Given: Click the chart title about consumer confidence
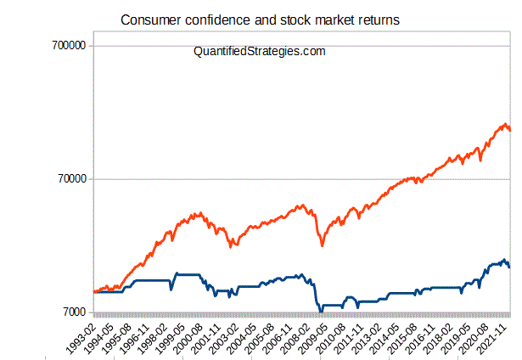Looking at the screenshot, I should click(259, 19).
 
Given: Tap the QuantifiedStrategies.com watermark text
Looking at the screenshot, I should click(260, 52).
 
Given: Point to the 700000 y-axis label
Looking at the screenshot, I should click(66, 46).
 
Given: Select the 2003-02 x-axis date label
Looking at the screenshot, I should click(223, 335).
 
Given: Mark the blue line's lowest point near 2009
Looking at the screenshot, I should click(320, 312).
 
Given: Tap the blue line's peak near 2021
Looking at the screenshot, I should click(504, 260).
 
